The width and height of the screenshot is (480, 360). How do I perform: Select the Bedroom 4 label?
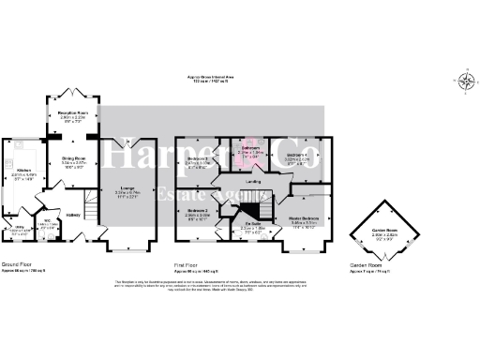pos(297,155)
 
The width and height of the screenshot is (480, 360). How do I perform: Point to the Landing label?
pos(252,182)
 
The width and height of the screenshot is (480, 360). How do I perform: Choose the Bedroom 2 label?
pos(196,211)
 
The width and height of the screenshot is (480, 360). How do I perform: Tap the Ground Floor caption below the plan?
pos(16,264)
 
